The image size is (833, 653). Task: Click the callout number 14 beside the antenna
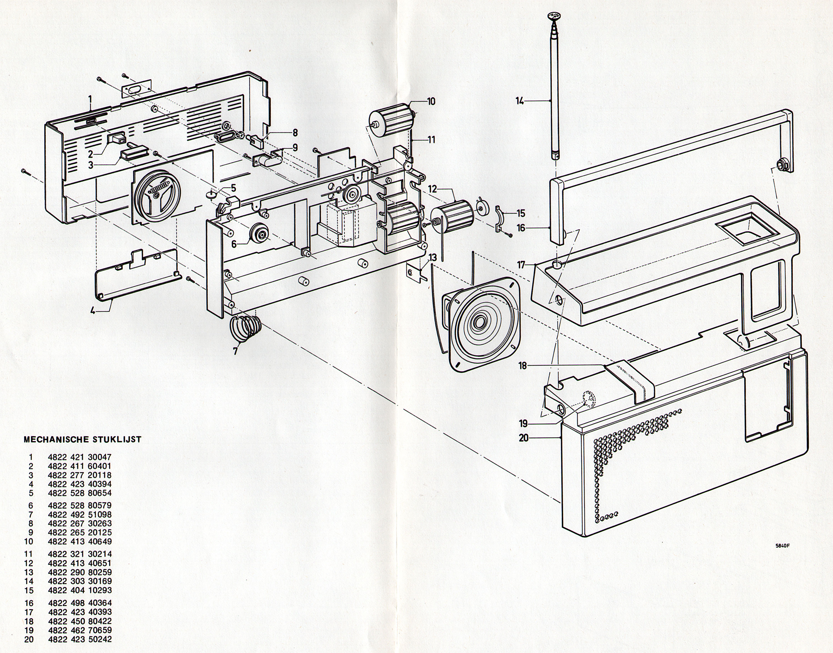[520, 101]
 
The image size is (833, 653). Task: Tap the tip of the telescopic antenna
[554, 16]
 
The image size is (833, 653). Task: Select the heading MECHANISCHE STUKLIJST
[82, 439]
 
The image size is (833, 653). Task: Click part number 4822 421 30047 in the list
[80, 457]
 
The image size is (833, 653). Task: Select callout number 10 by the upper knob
[431, 101]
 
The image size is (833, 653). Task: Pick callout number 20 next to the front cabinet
[524, 437]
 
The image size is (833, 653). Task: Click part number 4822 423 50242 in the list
[80, 639]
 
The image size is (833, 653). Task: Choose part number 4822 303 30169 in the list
[80, 581]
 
